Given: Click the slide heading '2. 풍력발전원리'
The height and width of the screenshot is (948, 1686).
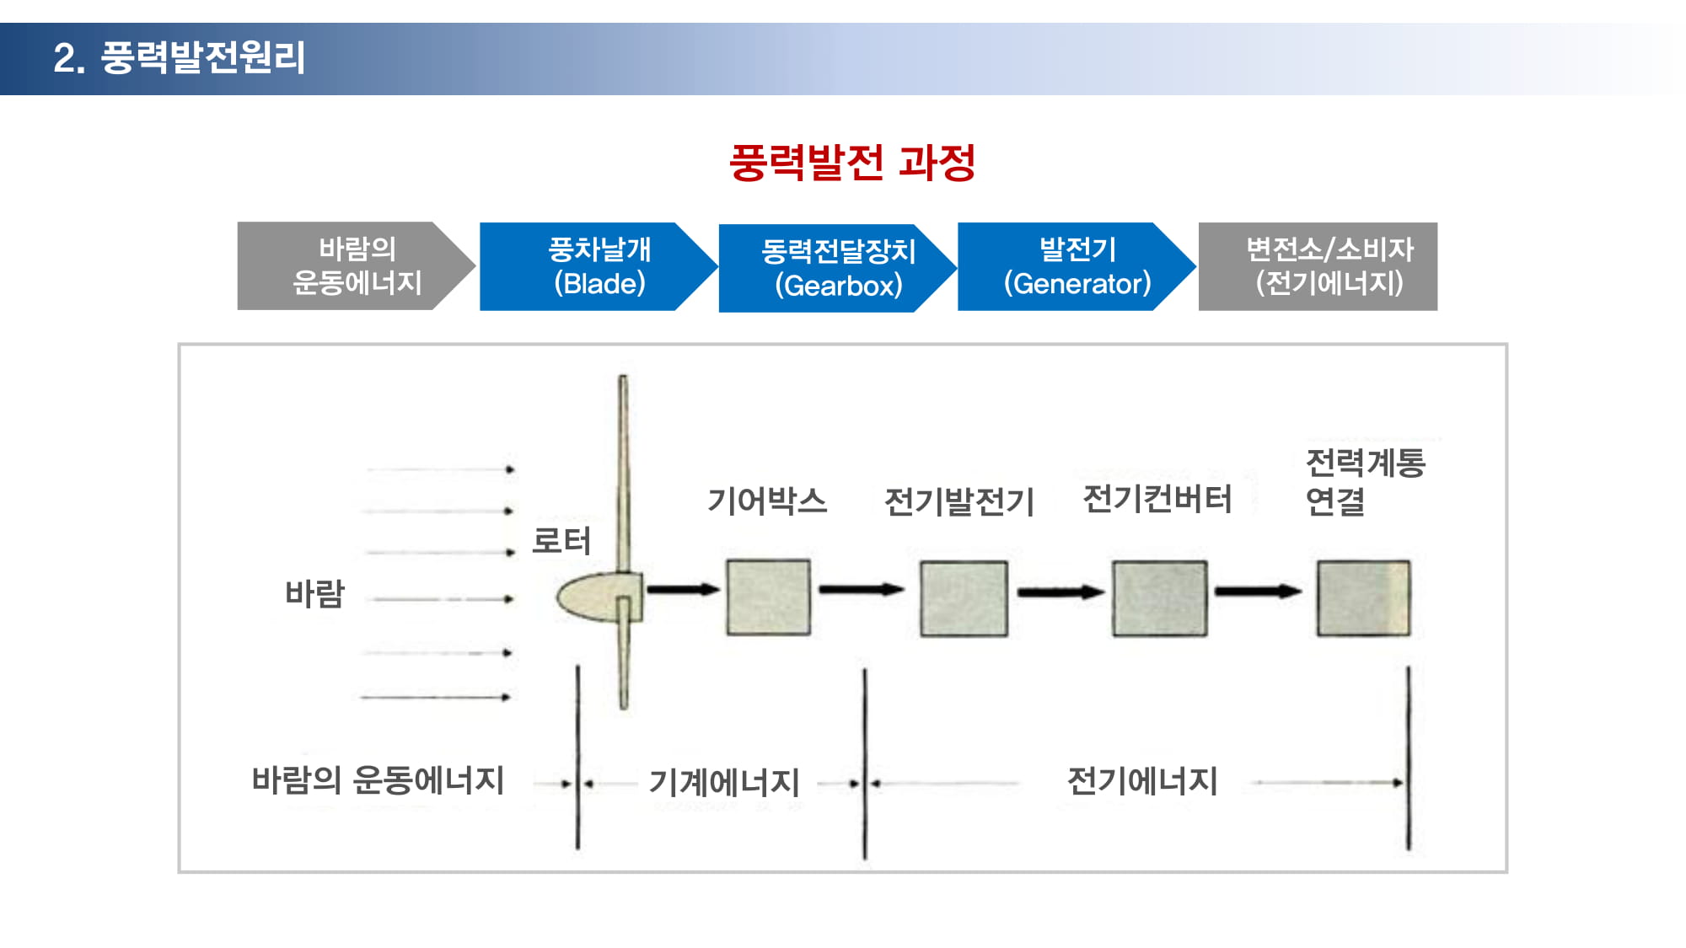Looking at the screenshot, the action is [x=179, y=58].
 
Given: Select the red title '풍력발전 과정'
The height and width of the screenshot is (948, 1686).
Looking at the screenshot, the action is [x=852, y=163].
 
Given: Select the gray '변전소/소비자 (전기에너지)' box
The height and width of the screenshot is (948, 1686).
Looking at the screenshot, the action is [x=1318, y=266].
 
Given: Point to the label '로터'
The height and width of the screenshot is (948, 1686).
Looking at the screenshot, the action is [x=561, y=541].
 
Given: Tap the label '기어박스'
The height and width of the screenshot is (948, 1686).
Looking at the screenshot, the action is [x=767, y=501].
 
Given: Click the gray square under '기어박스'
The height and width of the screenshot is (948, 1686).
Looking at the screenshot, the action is [x=769, y=597].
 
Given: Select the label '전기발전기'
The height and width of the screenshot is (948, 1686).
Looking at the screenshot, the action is [x=959, y=502].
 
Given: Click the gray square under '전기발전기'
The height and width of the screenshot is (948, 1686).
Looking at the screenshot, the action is [x=964, y=598].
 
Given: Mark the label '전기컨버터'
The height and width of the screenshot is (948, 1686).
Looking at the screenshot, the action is [x=1157, y=499].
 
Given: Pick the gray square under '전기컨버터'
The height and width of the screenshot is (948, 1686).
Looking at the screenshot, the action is [x=1159, y=598].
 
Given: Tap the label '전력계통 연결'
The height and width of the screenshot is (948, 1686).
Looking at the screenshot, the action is [x=1365, y=482].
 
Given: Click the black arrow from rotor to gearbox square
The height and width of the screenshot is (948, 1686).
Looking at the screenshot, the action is [x=683, y=589].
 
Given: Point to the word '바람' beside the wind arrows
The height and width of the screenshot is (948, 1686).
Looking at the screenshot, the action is [x=315, y=594].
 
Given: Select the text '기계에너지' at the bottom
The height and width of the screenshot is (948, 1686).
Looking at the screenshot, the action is [x=724, y=783].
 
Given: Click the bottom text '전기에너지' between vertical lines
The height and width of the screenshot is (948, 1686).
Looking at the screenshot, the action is [x=1142, y=781].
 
